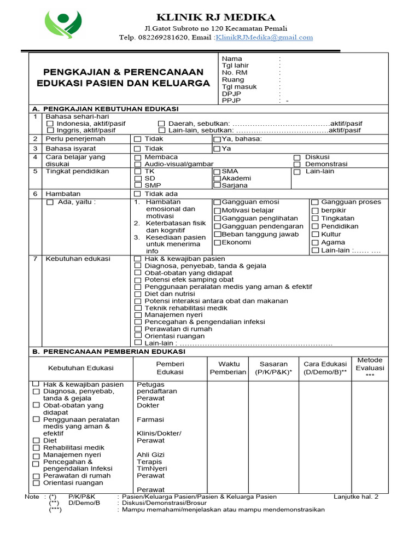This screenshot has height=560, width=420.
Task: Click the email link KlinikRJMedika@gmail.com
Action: [264, 37]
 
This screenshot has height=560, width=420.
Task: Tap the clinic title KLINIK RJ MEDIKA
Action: [216, 17]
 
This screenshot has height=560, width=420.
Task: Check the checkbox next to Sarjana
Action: [217, 186]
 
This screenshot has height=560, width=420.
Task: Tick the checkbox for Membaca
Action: [138, 157]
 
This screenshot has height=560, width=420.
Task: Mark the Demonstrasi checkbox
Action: [297, 164]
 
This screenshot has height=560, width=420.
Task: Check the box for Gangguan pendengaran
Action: [217, 226]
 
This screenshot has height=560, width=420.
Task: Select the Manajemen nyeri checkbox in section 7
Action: [138, 315]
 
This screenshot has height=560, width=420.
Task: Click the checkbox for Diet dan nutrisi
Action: [138, 294]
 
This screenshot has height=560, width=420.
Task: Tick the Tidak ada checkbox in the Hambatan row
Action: [138, 194]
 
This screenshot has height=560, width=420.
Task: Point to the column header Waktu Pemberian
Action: [228, 368]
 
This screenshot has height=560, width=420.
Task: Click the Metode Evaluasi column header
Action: [370, 367]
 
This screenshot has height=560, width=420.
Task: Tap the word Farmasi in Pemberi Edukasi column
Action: [150, 419]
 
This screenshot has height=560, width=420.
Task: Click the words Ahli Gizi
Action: [150, 454]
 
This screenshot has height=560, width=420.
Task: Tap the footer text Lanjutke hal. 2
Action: [355, 497]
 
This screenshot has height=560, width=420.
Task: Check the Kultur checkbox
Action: [315, 234]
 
